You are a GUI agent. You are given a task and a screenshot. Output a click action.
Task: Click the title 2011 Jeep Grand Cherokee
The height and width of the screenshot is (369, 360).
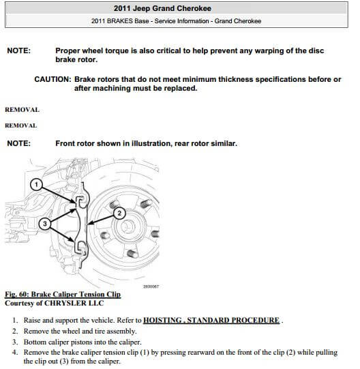coord(180,8)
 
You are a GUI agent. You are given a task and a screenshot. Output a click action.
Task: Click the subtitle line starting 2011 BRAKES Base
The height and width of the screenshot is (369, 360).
coord(180,20)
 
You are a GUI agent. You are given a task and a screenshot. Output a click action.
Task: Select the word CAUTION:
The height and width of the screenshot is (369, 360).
coord(52,80)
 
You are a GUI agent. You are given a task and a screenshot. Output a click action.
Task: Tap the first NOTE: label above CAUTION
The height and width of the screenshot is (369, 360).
coord(19,51)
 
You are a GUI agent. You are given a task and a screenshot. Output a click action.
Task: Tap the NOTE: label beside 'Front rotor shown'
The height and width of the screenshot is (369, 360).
coord(19,144)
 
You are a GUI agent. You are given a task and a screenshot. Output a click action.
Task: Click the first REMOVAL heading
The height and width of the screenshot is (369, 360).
coord(22,109)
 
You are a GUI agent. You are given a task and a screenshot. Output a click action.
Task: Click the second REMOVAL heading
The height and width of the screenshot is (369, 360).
coord(20,126)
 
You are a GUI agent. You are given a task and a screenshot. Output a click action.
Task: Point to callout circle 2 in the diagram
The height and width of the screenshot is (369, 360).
coord(120,213)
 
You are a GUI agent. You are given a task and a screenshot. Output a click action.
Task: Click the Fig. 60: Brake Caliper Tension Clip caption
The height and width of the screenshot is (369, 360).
coord(62,295)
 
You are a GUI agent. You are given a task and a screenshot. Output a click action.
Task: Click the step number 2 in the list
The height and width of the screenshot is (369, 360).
coord(16,331)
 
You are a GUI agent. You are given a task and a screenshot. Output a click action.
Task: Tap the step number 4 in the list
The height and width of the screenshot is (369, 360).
coord(16,352)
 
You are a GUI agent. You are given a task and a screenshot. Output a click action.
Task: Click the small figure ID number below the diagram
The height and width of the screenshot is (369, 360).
coord(151,286)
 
